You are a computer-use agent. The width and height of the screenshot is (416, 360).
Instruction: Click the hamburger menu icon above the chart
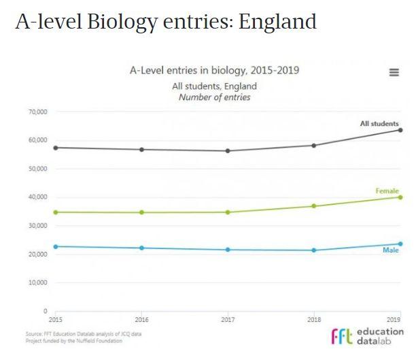click(x=394, y=73)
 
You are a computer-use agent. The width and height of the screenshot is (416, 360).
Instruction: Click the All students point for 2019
click(x=400, y=130)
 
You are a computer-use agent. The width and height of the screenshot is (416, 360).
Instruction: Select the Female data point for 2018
click(x=313, y=206)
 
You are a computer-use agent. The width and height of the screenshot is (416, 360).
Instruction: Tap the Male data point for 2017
click(x=228, y=250)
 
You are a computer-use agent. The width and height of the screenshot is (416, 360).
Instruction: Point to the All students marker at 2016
click(x=141, y=149)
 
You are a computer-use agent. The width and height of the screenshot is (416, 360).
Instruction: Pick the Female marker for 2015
click(x=55, y=212)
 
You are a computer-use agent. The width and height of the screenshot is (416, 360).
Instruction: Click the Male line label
click(x=390, y=251)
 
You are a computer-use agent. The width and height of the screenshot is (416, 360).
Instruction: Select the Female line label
click(x=387, y=191)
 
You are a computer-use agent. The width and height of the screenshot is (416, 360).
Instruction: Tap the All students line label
click(x=379, y=123)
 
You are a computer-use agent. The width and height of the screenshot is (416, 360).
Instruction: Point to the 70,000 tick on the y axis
click(x=37, y=112)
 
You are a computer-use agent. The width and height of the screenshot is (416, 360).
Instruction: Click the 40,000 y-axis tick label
click(x=37, y=197)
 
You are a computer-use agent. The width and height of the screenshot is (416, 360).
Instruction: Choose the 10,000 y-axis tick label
click(x=37, y=282)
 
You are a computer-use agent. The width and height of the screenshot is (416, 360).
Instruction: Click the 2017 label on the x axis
click(x=228, y=318)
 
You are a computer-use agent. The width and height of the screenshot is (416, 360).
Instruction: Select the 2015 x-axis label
click(x=55, y=318)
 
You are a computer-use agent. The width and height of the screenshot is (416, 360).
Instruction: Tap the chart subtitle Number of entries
click(x=214, y=97)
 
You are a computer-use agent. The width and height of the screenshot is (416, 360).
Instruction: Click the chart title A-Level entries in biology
click(x=214, y=71)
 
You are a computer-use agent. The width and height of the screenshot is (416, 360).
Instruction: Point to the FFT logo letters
click(x=341, y=336)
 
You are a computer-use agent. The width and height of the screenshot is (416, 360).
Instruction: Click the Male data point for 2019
click(x=400, y=244)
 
